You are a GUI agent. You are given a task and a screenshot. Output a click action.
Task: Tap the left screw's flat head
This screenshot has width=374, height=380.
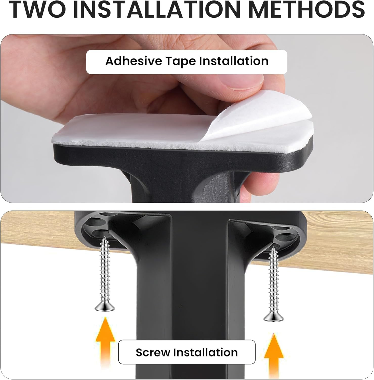pyautogui.click(x=105, y=308)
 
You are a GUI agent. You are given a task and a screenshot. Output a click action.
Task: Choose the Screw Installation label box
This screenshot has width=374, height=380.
pyautogui.click(x=187, y=352)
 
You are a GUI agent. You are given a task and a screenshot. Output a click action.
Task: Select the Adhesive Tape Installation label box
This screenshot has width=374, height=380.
pyautogui.click(x=187, y=62)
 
